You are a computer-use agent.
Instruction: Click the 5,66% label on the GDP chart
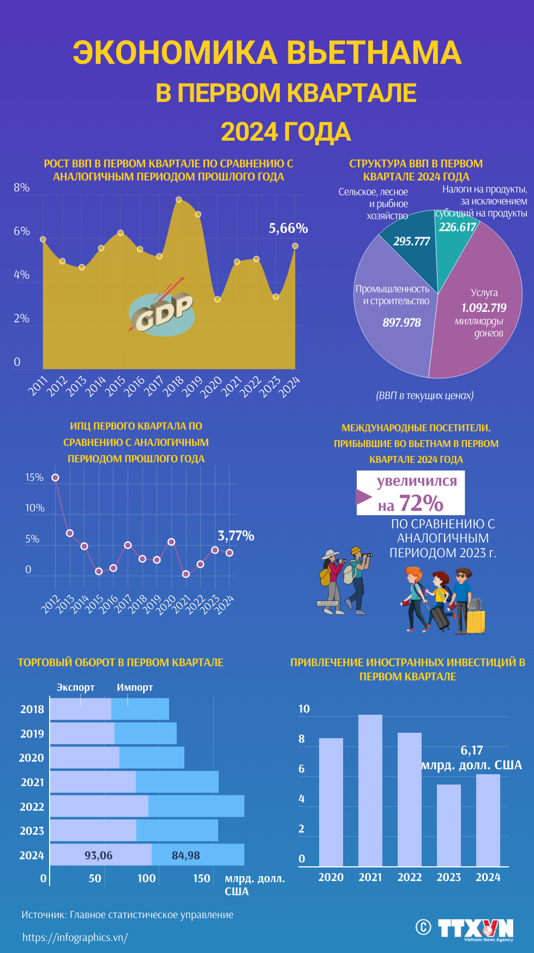pos(288,228)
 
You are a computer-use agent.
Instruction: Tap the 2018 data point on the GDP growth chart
pos(178,200)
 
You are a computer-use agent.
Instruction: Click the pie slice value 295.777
pos(412,241)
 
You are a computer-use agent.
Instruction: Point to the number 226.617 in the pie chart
pos(457,227)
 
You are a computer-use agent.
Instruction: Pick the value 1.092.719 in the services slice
pos(484,307)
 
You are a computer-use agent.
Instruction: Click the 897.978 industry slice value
pos(401,322)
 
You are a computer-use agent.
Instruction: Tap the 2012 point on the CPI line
pos(55,478)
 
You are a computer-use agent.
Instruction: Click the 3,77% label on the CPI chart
pos(236,535)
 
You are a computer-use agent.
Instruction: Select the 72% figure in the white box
pos(421,503)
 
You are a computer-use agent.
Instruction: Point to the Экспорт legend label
pos(75,687)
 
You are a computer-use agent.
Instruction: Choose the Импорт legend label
pos(135,687)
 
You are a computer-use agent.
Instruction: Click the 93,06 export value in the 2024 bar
pos(98,855)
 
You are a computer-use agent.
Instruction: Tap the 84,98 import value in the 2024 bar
pos(185,855)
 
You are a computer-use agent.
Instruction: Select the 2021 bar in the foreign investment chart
pos(370,791)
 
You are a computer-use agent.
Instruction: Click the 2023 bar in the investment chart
pos(449,825)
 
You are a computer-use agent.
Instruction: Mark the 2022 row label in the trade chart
pos(32,806)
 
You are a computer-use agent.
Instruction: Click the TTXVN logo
pos(475,929)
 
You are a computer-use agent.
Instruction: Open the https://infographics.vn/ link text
pos(75,937)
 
